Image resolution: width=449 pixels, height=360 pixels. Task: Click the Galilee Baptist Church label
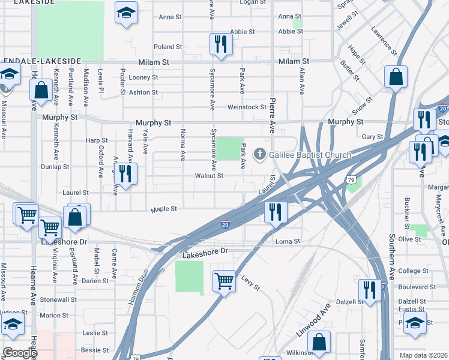click(x=310, y=155)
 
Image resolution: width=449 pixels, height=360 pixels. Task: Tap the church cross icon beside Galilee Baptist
click(x=261, y=155)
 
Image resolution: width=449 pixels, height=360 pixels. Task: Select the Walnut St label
click(x=209, y=176)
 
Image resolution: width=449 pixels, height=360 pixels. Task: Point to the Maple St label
click(x=163, y=209)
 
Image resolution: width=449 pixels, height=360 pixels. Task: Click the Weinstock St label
click(x=246, y=107)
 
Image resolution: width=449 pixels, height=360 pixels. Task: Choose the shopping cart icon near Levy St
click(x=224, y=280)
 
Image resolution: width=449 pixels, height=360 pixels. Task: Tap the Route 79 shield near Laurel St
click(x=352, y=179)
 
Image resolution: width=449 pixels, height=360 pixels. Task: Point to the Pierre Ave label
click(x=273, y=116)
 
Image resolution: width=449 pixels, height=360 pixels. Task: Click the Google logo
click(x=19, y=353)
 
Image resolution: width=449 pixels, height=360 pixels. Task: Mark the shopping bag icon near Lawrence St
click(x=396, y=77)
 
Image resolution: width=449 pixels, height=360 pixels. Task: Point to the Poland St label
click(x=167, y=47)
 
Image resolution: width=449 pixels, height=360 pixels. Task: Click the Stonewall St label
click(x=59, y=299)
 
